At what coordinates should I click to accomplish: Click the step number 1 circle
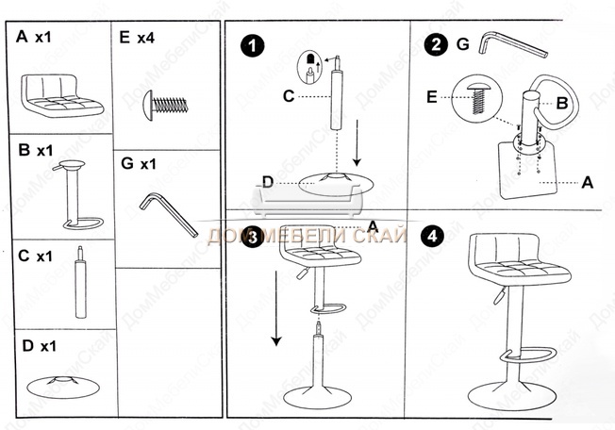pos(252,44)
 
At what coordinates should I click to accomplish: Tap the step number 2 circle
pos(435,43)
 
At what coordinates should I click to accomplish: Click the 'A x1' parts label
pos(34,38)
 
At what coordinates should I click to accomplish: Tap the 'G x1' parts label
pos(138,163)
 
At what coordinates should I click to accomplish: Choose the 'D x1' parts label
pos(38,347)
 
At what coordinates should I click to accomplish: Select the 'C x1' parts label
pos(37,256)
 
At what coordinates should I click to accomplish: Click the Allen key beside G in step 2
pos(512,44)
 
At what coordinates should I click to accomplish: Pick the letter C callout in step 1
pos(290,94)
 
